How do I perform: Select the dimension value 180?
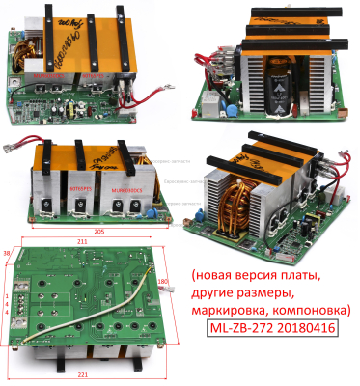pos(164,283)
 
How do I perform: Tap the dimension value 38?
pos(9,253)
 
